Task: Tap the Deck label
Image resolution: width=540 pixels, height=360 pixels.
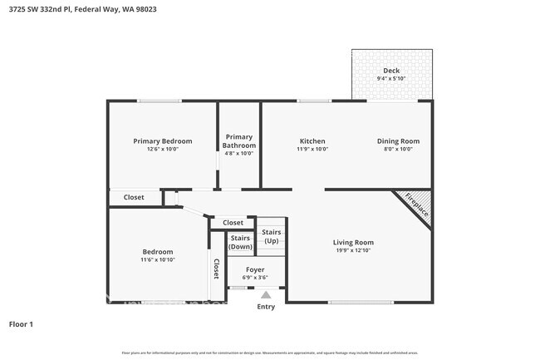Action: [x=391, y=71]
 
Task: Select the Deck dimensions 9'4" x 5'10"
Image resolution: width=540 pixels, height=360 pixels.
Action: [x=391, y=79]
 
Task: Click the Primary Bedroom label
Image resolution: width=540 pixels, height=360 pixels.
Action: [x=163, y=141]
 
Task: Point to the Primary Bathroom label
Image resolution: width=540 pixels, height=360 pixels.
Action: [x=239, y=141]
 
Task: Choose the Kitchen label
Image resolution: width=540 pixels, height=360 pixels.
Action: [x=312, y=141]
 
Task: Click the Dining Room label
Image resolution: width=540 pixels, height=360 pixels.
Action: [x=399, y=141]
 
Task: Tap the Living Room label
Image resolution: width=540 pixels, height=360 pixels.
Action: [x=354, y=242]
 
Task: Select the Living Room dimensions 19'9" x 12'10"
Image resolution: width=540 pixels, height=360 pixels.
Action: [x=354, y=250]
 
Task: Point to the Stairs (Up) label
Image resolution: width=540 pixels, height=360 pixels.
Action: [x=272, y=236]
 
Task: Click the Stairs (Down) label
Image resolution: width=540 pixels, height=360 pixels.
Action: [x=240, y=242]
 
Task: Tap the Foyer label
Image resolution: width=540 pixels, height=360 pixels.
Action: [x=255, y=269]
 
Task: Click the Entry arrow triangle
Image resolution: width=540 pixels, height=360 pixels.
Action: [x=266, y=294]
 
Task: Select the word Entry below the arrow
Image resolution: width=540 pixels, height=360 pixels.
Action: [x=266, y=307]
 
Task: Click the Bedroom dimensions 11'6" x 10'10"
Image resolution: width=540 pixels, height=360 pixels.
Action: [x=157, y=260]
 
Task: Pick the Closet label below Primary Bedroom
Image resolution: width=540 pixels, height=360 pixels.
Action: [x=134, y=198]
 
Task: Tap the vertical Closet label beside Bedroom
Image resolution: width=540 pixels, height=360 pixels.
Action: [x=217, y=268]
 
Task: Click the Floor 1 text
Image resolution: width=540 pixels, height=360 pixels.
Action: [x=21, y=323]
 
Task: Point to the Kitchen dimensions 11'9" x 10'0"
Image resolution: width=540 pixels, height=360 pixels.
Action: [x=312, y=150]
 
